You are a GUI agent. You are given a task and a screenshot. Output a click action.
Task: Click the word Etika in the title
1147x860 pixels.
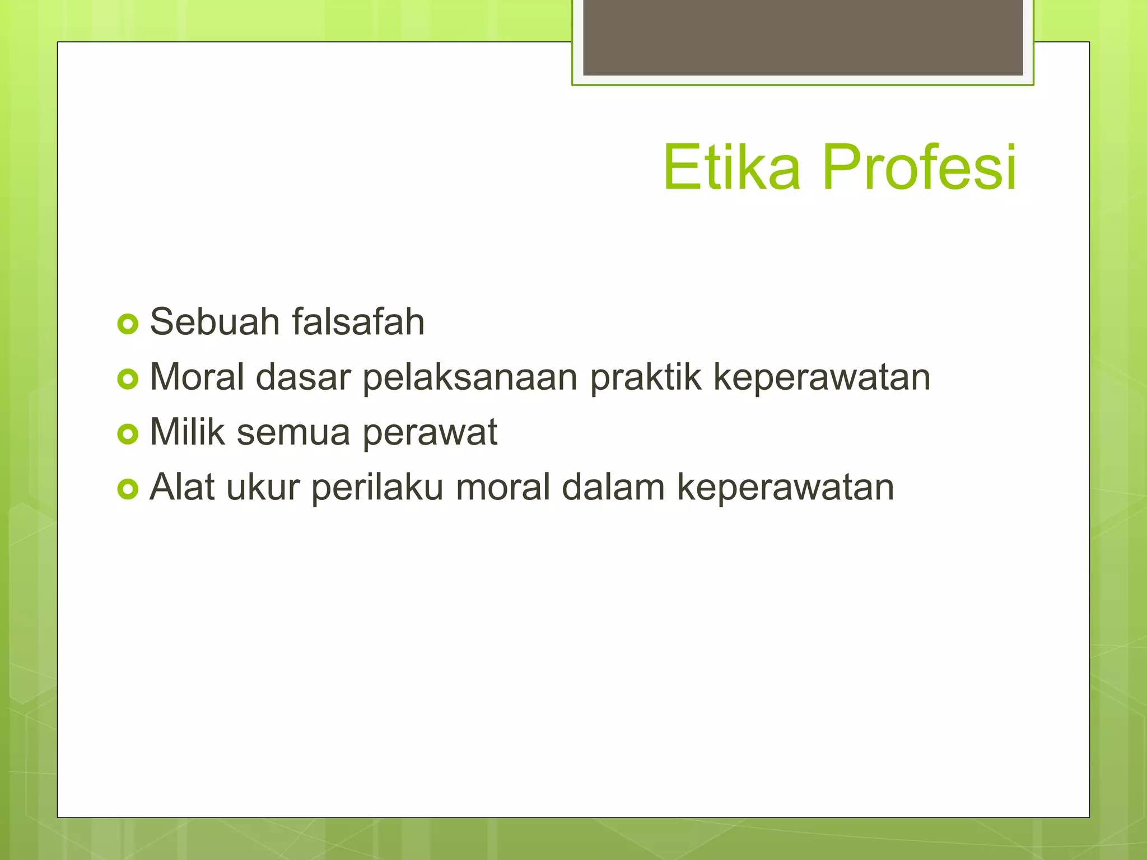point(731,167)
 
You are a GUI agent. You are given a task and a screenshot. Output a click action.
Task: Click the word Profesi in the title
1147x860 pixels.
point(919,167)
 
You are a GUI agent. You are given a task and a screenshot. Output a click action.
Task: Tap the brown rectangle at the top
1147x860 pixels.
point(803,37)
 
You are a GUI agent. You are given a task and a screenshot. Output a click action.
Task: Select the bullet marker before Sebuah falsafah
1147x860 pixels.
point(128,324)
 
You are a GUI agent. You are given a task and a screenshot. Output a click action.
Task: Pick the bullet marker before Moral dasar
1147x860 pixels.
point(128,379)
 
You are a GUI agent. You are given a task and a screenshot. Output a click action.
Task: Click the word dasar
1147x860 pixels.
point(303,377)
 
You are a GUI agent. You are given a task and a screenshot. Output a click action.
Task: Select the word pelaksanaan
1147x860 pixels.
point(470,378)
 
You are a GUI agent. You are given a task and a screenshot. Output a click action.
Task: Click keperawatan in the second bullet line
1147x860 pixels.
point(822,378)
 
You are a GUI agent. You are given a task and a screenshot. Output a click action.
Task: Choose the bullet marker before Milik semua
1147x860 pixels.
point(128,434)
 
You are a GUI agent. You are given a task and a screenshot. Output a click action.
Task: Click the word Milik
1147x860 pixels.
point(187,432)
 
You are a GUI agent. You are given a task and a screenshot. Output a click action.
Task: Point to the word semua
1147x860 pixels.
point(293,433)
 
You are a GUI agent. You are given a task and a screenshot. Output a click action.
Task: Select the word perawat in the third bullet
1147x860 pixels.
point(430,433)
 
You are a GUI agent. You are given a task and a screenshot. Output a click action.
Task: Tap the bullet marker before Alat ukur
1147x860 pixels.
point(128,489)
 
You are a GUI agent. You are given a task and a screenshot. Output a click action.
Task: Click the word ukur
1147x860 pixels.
point(263,487)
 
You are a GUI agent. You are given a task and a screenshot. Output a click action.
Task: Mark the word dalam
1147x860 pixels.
point(613,487)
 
